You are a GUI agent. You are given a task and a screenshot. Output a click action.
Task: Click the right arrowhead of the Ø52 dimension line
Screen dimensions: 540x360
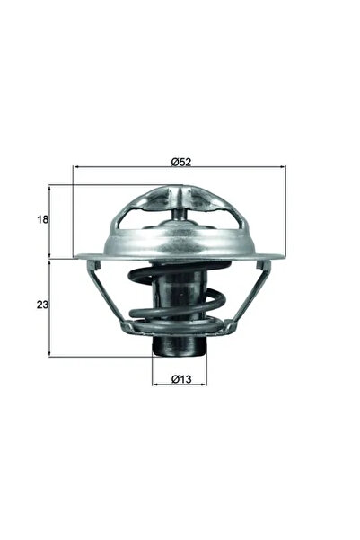283,168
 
